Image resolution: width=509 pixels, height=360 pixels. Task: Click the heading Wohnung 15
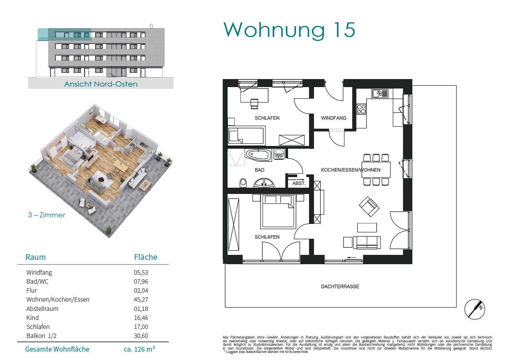(x=289, y=30)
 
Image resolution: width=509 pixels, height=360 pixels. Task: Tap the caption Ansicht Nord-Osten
(x=101, y=84)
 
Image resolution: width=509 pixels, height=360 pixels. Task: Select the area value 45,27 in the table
(x=141, y=300)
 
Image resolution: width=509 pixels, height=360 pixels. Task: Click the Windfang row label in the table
(x=39, y=272)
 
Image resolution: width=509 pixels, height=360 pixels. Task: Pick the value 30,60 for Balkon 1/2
(x=141, y=336)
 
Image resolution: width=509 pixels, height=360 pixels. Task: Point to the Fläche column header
(x=146, y=257)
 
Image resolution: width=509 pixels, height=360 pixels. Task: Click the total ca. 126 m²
(x=139, y=349)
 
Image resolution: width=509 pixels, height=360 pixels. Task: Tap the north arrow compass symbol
(x=474, y=309)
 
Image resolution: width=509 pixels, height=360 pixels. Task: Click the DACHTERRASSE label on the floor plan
(x=340, y=287)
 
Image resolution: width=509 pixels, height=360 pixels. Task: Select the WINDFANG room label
(x=334, y=118)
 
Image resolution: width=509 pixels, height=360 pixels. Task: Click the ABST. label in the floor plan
(x=299, y=183)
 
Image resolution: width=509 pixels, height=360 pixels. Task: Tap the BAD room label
(x=259, y=170)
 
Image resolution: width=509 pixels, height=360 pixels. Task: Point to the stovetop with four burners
(x=361, y=109)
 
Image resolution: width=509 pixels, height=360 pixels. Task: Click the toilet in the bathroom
(x=243, y=183)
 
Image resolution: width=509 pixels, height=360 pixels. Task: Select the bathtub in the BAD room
(x=259, y=154)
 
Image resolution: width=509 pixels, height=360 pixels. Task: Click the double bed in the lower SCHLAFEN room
(x=279, y=211)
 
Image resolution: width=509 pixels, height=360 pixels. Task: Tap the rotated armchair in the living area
(x=369, y=206)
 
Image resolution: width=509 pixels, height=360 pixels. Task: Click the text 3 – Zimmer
(x=46, y=215)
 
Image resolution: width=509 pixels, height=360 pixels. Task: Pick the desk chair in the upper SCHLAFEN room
(x=254, y=104)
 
